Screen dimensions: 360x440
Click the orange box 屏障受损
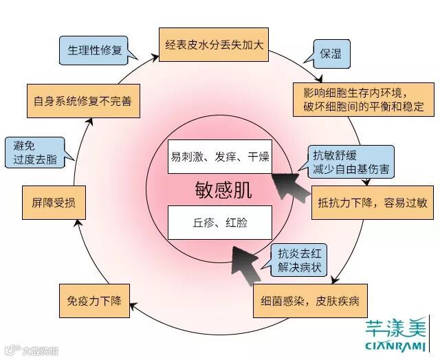tap(54, 203)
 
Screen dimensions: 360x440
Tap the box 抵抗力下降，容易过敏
tap(372, 203)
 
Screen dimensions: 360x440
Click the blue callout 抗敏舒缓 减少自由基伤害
tap(341, 161)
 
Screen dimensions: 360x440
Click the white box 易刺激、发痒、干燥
tap(220, 157)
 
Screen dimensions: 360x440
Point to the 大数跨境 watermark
tap(33, 350)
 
